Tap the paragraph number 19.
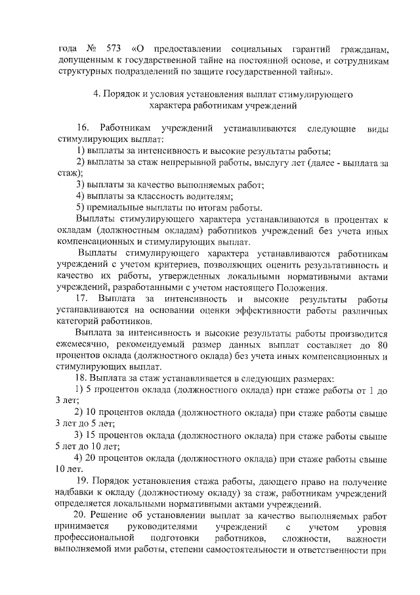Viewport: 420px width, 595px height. point(91,482)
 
